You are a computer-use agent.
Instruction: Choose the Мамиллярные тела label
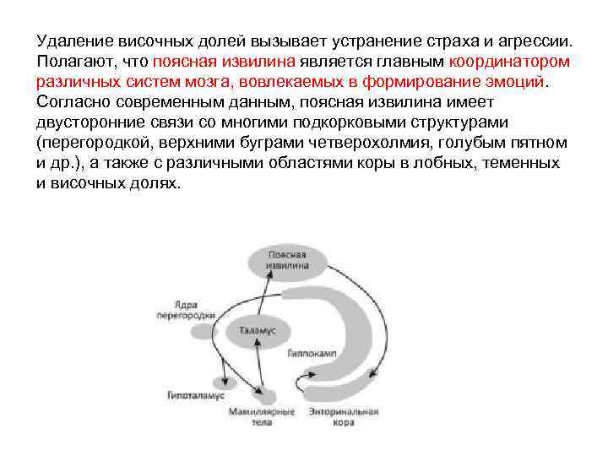(262, 416)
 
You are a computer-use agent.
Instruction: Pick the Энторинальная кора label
(349, 416)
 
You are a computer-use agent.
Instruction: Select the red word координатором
(509, 62)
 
